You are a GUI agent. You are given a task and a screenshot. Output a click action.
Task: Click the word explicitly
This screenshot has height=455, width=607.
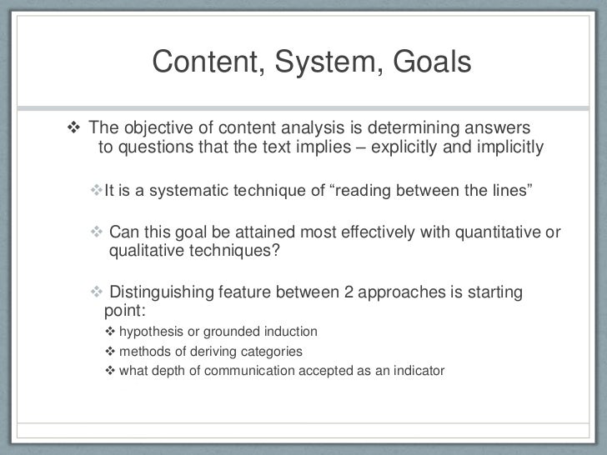click(x=423, y=148)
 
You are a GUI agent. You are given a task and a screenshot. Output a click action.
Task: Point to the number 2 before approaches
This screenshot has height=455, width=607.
click(x=349, y=292)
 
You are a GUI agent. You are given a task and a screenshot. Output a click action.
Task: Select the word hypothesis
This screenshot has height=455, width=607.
click(x=151, y=332)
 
